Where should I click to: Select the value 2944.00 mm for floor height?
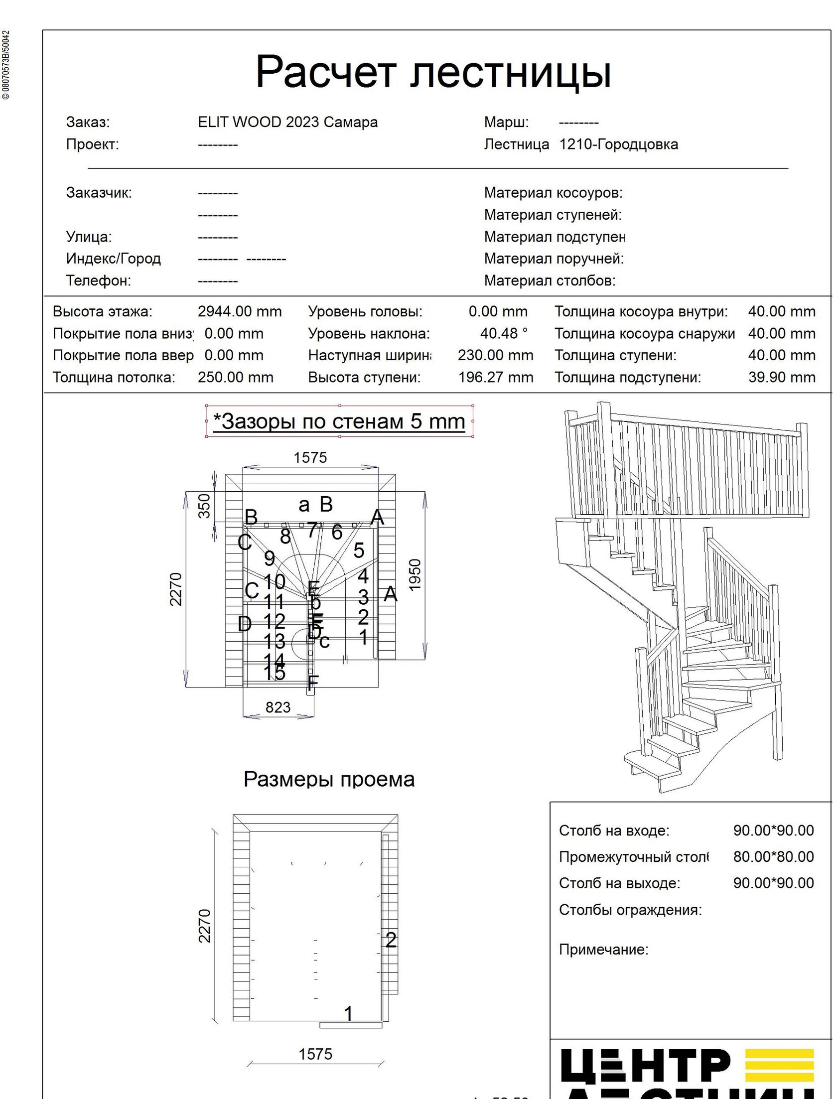[x=240, y=311]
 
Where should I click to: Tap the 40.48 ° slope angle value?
[x=504, y=333]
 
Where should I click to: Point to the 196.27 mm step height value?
[x=496, y=377]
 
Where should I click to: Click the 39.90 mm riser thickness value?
[x=781, y=377]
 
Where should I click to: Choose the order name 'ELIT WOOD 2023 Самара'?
[x=287, y=122]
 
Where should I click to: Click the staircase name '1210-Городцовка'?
[x=618, y=144]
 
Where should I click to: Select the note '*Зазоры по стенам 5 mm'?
[x=339, y=421]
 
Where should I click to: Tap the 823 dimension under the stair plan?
[x=278, y=707]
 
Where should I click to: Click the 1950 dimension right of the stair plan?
[x=415, y=575]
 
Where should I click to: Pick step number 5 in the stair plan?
[x=359, y=550]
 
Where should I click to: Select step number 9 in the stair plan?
[x=270, y=558]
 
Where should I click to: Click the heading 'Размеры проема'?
[x=329, y=779]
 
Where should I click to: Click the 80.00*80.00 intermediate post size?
[x=773, y=856]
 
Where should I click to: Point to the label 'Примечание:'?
[x=603, y=949]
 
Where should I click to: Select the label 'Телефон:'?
[x=98, y=280]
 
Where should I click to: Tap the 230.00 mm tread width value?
[x=496, y=355]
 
